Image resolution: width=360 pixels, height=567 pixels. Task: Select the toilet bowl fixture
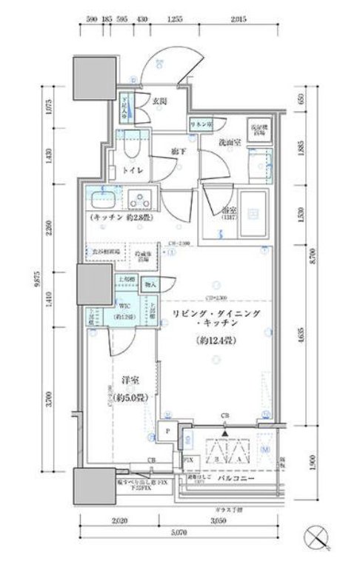[133, 147]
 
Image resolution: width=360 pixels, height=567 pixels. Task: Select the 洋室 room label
[130, 381]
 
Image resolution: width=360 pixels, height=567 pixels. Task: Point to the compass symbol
[319, 536]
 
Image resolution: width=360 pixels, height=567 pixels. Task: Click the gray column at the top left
[88, 72]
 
